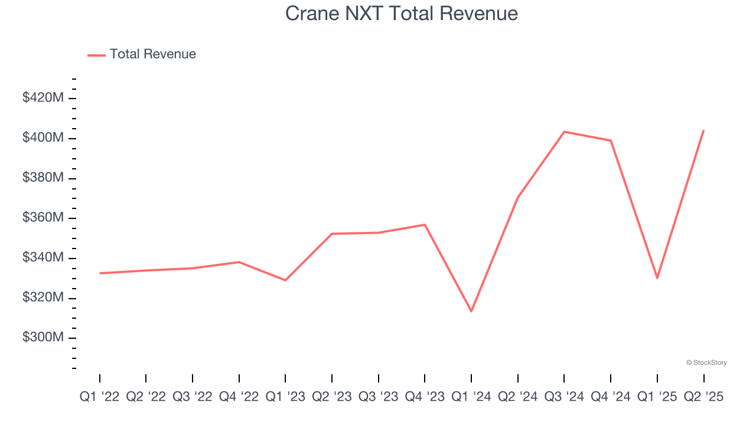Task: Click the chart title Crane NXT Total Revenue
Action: pos(402,13)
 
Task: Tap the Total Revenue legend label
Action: pos(152,54)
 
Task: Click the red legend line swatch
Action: pos(96,55)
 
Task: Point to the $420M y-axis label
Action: pos(43,98)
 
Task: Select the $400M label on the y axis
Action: pos(43,138)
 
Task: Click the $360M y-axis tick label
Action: pos(43,218)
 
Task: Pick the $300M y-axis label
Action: pos(43,338)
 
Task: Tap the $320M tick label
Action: pos(43,297)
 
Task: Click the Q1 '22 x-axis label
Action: pos(99,397)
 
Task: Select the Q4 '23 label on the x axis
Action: pos(425,397)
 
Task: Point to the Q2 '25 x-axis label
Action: pos(703,397)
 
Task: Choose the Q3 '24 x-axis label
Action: pos(564,397)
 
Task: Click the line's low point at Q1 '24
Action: pos(471,311)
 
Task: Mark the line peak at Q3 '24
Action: pos(564,132)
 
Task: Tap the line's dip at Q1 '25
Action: pos(657,278)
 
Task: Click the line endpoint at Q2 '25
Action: pos(703,130)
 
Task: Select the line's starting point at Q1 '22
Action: pos(100,273)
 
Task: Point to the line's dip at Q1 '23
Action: pos(285,280)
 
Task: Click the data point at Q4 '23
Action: pos(425,225)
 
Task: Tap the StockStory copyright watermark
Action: pos(706,362)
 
